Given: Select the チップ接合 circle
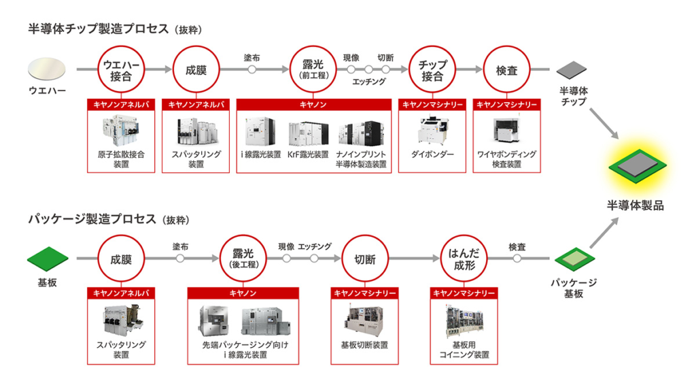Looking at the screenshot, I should point(432,69).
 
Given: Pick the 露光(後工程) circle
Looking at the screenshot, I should point(242,259).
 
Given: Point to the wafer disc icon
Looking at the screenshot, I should point(48,69).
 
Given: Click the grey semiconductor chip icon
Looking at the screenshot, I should point(573,70).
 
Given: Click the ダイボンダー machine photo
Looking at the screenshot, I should point(432,131).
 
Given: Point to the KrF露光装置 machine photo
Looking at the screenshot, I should point(308,133).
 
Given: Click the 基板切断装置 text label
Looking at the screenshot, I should point(364,345).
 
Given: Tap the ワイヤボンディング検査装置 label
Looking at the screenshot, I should point(506,159).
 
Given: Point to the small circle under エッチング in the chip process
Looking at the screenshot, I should point(368,69).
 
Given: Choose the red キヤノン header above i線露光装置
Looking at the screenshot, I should point(313,105).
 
